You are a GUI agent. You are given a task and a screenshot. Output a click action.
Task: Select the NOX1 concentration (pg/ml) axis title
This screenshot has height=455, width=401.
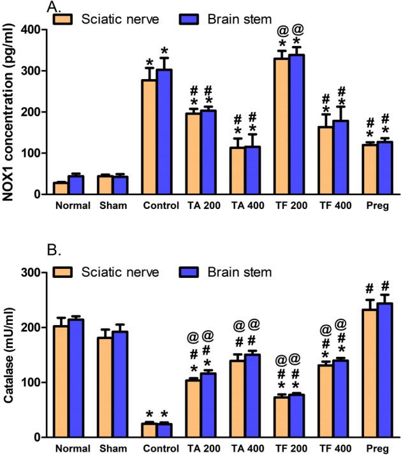point(9,112)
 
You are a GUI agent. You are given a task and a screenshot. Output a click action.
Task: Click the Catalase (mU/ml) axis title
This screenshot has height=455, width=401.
point(9,355)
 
